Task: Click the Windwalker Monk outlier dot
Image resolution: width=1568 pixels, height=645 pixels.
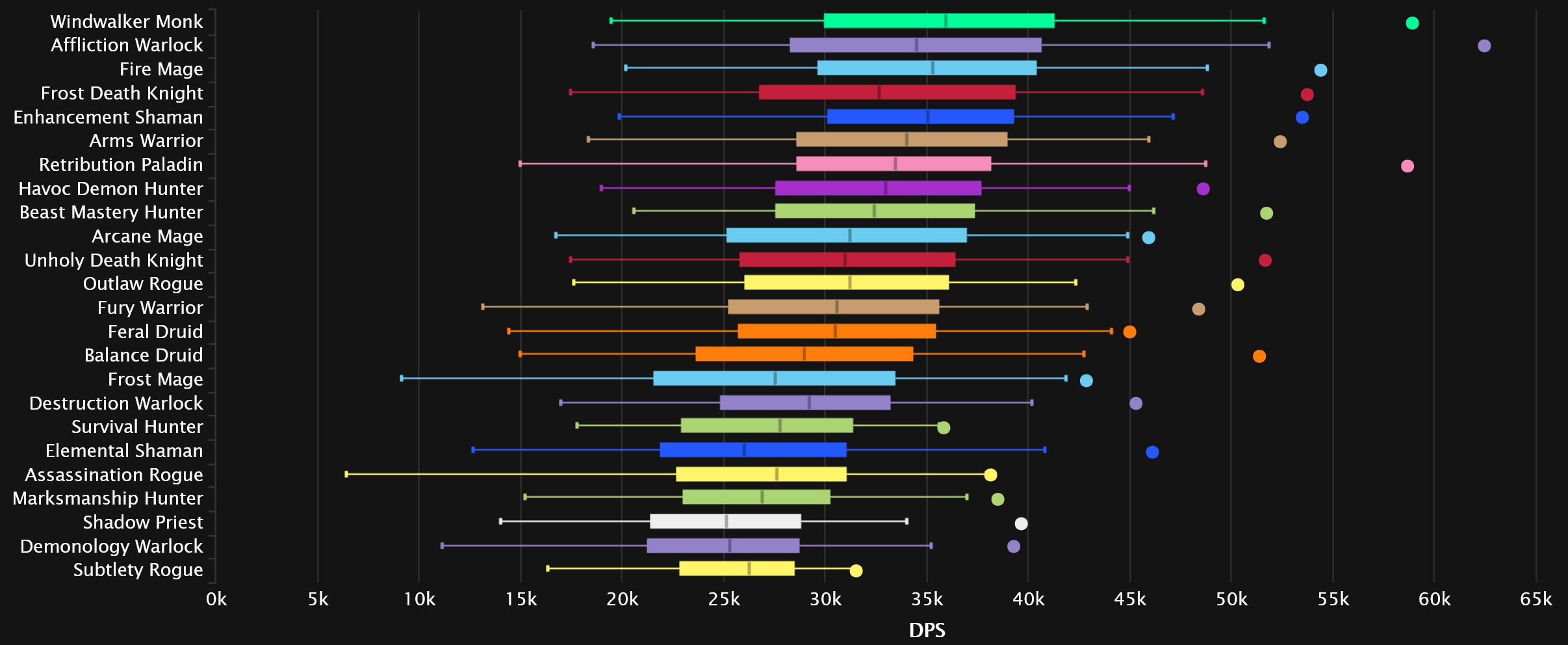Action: click(x=1411, y=23)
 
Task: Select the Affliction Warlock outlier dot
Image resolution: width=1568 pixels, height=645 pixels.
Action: click(x=1484, y=46)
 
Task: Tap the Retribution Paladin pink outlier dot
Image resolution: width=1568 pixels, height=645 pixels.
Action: click(x=1407, y=166)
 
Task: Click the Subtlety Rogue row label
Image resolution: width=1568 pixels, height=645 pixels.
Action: click(x=138, y=570)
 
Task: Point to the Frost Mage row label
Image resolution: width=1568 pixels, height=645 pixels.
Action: click(x=155, y=380)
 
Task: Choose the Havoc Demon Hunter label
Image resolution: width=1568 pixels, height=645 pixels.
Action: click(x=110, y=189)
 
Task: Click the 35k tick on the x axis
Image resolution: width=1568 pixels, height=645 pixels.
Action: click(x=927, y=599)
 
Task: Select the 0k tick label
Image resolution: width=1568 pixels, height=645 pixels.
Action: click(x=216, y=599)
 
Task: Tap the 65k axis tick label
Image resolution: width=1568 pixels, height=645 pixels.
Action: click(x=1536, y=599)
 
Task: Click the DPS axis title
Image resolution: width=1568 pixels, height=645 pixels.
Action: click(x=927, y=630)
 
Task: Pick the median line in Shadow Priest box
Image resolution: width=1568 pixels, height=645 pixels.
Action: click(x=726, y=521)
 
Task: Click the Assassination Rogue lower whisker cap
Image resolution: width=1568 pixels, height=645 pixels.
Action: click(x=346, y=474)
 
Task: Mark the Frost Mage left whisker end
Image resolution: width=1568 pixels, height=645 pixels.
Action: click(x=402, y=378)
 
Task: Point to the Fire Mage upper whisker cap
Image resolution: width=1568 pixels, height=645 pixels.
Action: click(x=1207, y=68)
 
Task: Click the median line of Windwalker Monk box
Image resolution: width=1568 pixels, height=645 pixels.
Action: click(x=946, y=21)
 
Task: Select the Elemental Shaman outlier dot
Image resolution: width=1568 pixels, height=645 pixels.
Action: click(x=1151, y=453)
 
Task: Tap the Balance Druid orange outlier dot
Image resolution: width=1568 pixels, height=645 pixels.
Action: click(x=1259, y=356)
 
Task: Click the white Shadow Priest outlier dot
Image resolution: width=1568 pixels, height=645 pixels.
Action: click(x=1021, y=524)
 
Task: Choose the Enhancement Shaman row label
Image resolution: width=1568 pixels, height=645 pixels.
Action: click(x=108, y=118)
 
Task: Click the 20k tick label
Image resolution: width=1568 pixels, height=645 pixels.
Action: click(x=622, y=599)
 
